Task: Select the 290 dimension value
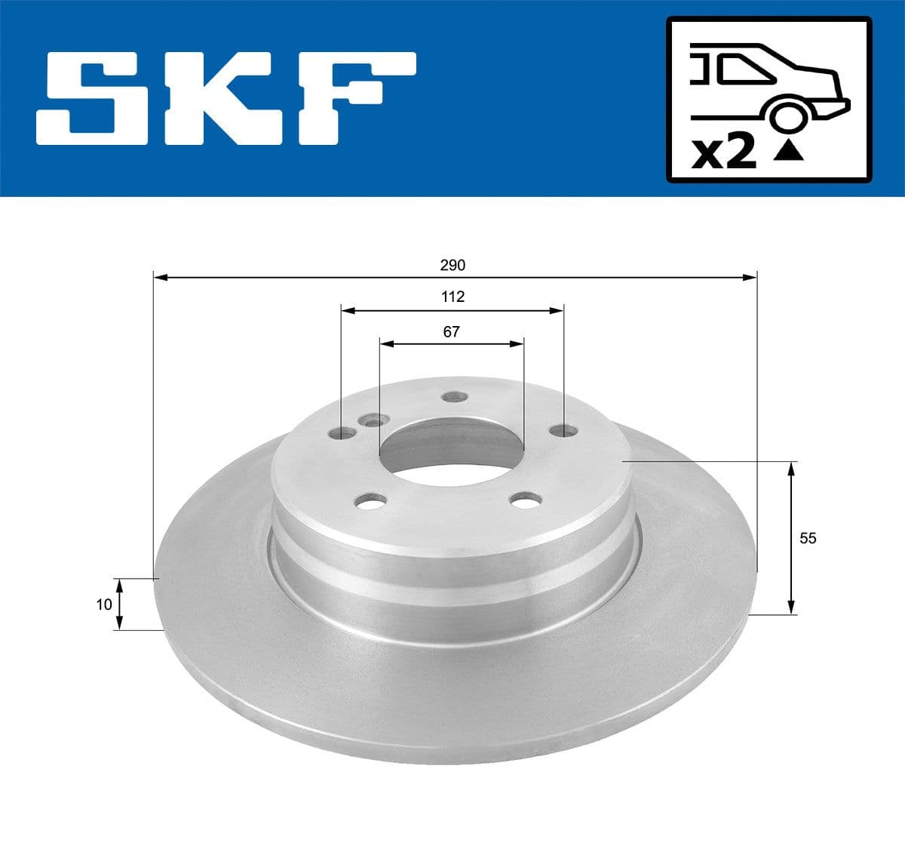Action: (x=452, y=266)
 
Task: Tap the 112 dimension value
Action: (x=452, y=297)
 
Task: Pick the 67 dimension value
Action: (x=451, y=331)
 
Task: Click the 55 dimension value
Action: (x=808, y=538)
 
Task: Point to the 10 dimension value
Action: (x=104, y=604)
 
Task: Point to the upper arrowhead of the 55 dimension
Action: (x=790, y=469)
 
